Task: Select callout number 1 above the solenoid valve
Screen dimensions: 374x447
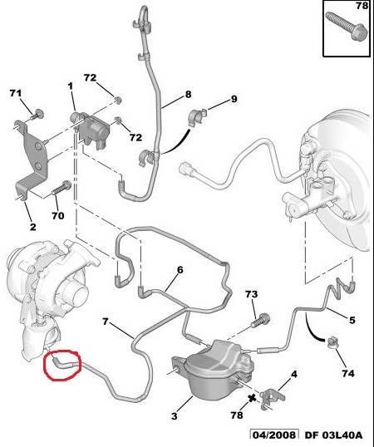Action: pos(70,86)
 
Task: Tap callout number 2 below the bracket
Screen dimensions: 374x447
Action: pos(33,227)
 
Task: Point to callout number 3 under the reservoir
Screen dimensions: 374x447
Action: pos(175,415)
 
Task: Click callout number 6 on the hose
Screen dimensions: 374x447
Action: pos(180,270)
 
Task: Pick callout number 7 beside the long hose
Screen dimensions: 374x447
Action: pos(106,322)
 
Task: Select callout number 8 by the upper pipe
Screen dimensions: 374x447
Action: pos(188,94)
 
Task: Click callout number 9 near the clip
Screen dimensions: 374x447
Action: pos(234,99)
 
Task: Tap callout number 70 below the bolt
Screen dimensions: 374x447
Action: pos(57,215)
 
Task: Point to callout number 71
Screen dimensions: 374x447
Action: pos(16,93)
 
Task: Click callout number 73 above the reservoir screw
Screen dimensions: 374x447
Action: pos(252,294)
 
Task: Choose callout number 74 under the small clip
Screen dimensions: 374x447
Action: pos(348,373)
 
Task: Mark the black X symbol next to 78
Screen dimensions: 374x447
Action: pos(252,398)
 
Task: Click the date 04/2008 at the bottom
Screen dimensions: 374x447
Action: pos(275,435)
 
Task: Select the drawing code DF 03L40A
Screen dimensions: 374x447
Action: pos(334,435)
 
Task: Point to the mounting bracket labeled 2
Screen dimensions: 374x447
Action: pos(31,160)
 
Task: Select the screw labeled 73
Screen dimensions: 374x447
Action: pos(260,321)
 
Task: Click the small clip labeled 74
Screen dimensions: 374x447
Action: pos(332,343)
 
